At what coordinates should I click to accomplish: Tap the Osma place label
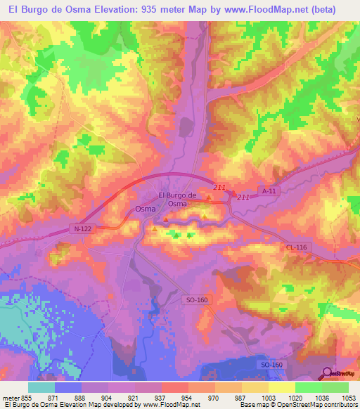click(145, 209)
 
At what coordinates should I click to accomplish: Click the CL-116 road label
click(298, 247)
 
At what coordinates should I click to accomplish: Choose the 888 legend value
click(82, 398)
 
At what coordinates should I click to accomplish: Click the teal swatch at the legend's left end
click(41, 387)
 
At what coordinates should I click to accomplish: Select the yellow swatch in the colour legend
click(281, 387)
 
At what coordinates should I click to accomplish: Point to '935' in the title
click(128, 9)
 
